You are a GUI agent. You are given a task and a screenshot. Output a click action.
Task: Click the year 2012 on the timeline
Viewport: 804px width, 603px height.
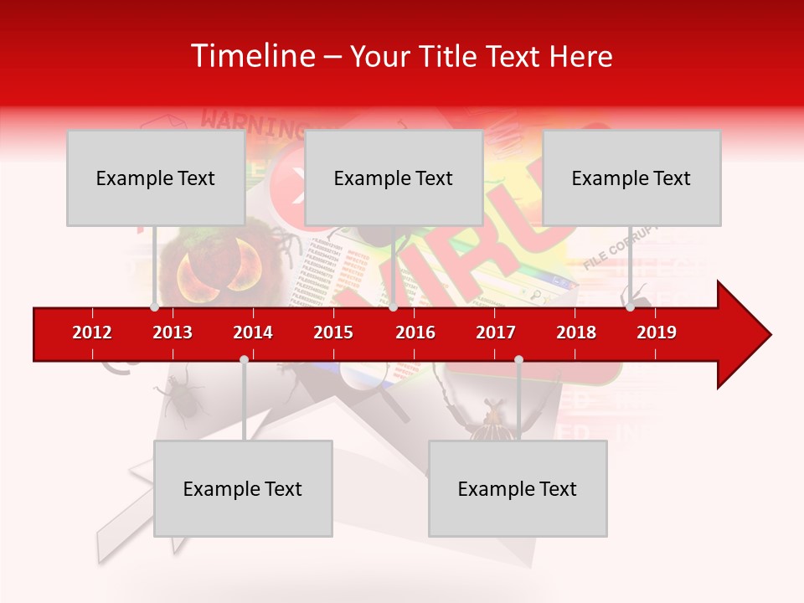(x=92, y=332)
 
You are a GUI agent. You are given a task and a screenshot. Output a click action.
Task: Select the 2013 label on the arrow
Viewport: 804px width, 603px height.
(x=173, y=332)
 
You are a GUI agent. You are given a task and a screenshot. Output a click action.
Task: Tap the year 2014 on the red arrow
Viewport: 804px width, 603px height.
(x=253, y=332)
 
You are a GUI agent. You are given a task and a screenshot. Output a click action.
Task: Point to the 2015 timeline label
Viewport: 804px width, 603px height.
(x=333, y=332)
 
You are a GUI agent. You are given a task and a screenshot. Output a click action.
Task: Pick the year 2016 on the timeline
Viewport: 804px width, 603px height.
(x=415, y=332)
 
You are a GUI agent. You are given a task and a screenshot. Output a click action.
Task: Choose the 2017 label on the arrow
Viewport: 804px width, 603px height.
(x=496, y=332)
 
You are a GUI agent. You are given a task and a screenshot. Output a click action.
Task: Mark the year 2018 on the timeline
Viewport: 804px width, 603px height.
(x=576, y=332)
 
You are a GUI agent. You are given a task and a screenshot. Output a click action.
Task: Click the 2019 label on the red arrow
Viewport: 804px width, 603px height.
(x=657, y=332)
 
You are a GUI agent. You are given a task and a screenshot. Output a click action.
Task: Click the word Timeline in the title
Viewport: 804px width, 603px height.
(x=252, y=56)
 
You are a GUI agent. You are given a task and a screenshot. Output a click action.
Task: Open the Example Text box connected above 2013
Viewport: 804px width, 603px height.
(x=156, y=178)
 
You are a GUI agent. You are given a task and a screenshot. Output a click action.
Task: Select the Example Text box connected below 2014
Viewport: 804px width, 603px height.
(x=243, y=489)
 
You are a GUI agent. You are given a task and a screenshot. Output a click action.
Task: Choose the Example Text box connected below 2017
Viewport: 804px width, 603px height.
(x=518, y=489)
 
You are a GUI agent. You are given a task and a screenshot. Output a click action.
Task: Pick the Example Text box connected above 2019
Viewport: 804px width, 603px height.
(x=631, y=178)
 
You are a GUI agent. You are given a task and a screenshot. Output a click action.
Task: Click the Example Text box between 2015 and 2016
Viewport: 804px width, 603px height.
(x=394, y=178)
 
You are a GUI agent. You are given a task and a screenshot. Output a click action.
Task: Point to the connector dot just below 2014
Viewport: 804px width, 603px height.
(x=244, y=359)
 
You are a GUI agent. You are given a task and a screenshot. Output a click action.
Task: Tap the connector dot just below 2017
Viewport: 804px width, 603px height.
(x=518, y=359)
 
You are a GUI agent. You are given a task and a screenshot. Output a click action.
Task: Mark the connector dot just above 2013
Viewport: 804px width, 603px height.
(x=154, y=307)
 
